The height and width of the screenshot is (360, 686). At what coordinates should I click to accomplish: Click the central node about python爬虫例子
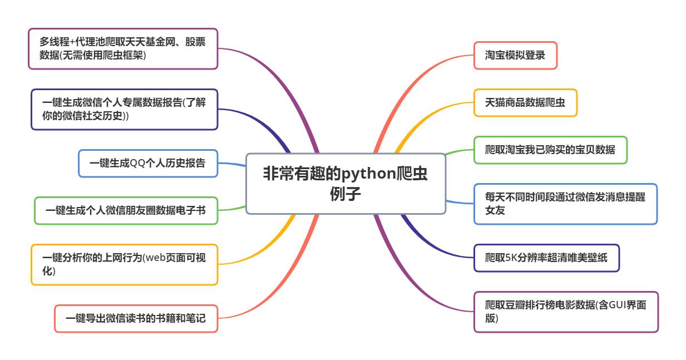coord(346,184)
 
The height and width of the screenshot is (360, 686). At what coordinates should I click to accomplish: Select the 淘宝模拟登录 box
coord(515,55)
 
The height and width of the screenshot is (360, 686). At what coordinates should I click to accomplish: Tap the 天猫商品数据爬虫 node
coord(525,102)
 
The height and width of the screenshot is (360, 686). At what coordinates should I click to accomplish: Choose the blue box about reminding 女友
coord(565,204)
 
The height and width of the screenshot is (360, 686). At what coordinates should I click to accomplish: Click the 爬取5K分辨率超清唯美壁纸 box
coord(546,258)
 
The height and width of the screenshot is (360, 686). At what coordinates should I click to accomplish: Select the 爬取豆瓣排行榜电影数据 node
coord(566,312)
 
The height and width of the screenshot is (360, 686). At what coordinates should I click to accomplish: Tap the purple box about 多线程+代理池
coord(122,49)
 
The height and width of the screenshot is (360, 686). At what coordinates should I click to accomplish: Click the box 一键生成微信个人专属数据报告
coord(124,109)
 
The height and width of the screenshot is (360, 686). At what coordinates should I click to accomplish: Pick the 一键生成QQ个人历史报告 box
coord(147,163)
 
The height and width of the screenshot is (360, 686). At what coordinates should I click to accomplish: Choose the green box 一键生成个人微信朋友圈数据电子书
coord(126,210)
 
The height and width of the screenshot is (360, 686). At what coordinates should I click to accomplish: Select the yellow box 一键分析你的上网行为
coord(124,264)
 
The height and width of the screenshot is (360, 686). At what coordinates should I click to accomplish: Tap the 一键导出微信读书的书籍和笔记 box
coord(136,318)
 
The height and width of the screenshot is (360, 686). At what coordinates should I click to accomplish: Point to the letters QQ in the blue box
coord(137,163)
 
